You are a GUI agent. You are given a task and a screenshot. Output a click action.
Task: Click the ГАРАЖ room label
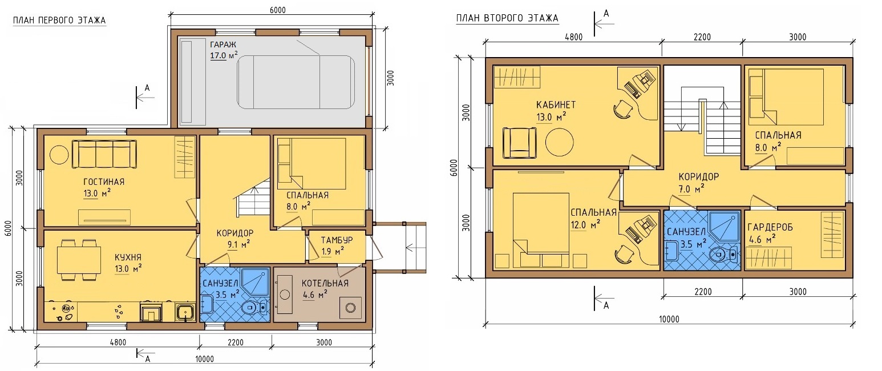click(223, 44)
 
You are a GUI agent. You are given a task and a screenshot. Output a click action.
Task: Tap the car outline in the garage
click(296, 82)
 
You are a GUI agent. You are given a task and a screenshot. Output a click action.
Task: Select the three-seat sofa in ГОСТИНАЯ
click(104, 154)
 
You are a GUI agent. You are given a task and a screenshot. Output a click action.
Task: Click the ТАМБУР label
click(337, 240)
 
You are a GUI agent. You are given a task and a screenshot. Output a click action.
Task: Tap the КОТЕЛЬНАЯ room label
click(325, 283)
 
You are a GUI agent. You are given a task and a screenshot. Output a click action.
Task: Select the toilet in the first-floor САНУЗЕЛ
click(253, 308)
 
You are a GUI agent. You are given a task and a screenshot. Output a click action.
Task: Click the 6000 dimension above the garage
click(278, 10)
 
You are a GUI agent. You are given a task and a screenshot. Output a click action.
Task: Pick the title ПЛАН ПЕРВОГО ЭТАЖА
click(59, 21)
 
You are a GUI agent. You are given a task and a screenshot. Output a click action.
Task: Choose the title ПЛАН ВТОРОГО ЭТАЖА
click(507, 18)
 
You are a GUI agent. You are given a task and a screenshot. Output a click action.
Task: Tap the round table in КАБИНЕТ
click(559, 142)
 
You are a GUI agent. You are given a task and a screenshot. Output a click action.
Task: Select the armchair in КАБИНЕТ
click(519, 143)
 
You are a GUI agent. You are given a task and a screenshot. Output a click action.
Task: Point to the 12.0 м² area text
click(585, 225)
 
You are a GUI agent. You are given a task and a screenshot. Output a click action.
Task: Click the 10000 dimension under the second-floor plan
click(669, 319)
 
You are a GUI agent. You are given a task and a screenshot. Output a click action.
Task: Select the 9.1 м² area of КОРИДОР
click(238, 245)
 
